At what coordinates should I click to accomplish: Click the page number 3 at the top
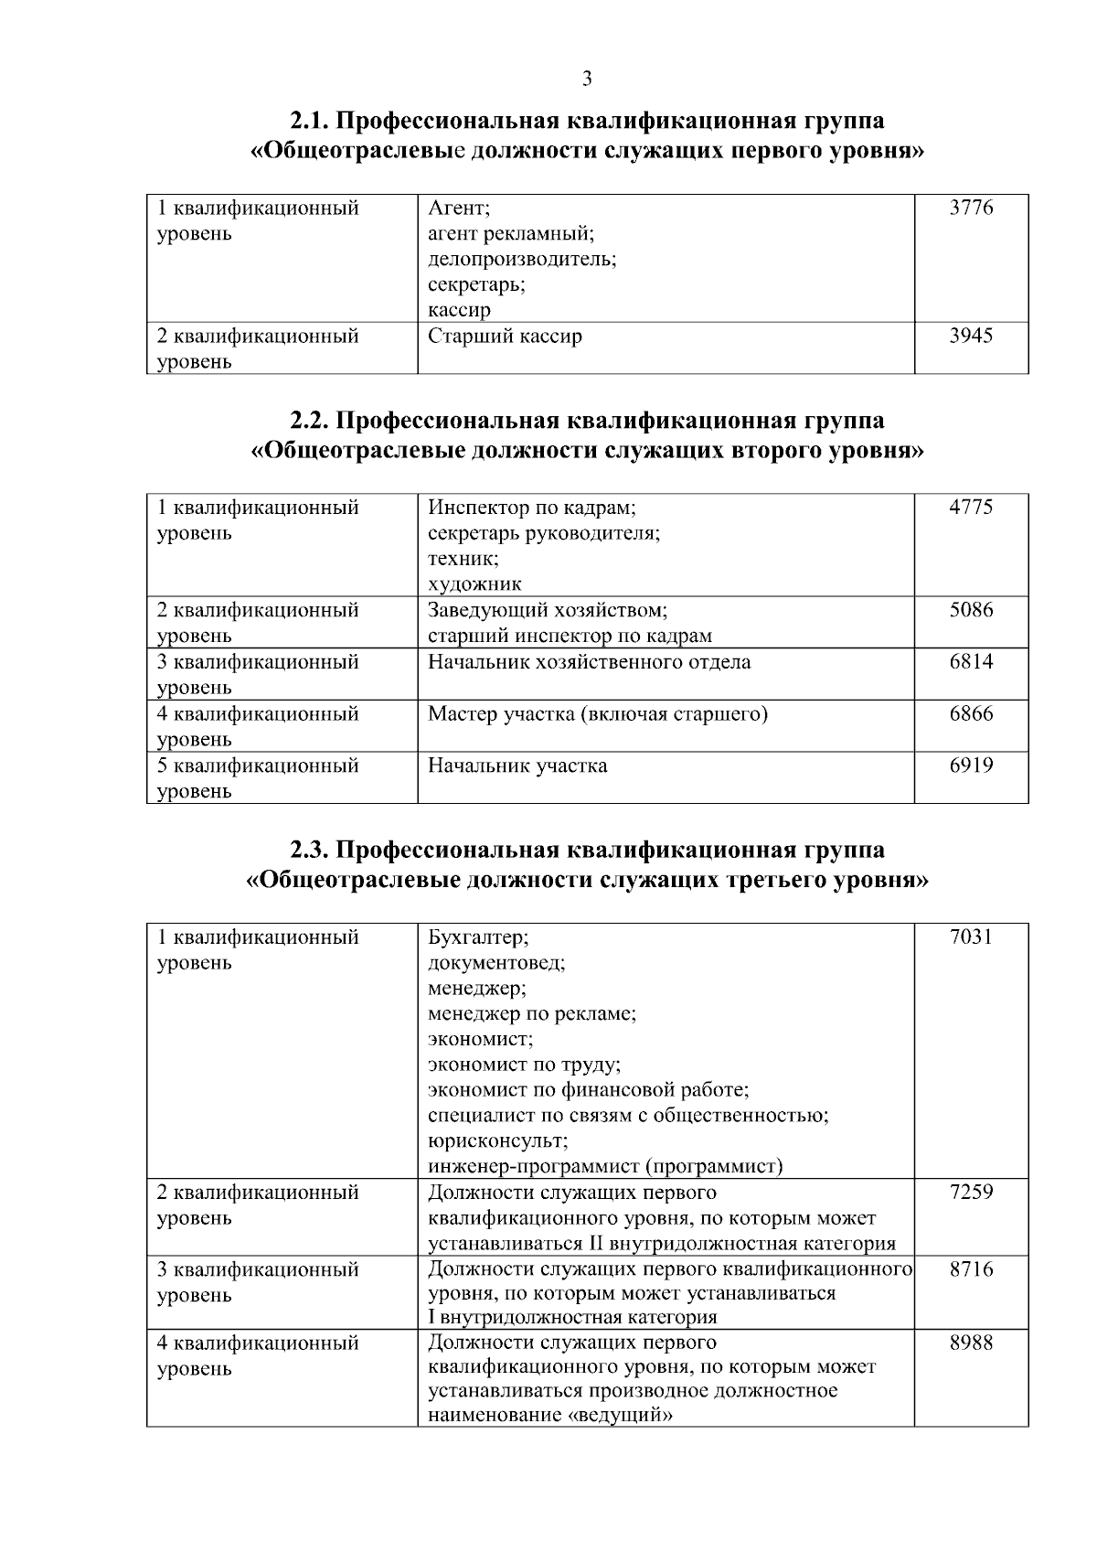click(587, 80)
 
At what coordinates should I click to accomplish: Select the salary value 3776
click(971, 208)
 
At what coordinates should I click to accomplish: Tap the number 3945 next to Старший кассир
click(971, 336)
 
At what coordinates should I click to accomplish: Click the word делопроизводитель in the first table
click(522, 259)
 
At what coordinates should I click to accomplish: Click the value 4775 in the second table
click(971, 508)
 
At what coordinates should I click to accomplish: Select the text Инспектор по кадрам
click(531, 508)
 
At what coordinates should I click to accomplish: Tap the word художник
click(474, 584)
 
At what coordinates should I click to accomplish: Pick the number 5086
click(971, 610)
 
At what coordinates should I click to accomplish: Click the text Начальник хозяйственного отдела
click(589, 662)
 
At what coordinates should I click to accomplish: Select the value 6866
click(971, 714)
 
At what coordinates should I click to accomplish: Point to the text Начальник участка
click(517, 765)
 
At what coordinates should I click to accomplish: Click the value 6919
click(971, 765)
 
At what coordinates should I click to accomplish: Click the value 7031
click(971, 937)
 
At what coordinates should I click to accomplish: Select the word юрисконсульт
click(497, 1142)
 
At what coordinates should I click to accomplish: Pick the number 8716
click(971, 1270)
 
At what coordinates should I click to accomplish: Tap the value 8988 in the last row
click(971, 1343)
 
